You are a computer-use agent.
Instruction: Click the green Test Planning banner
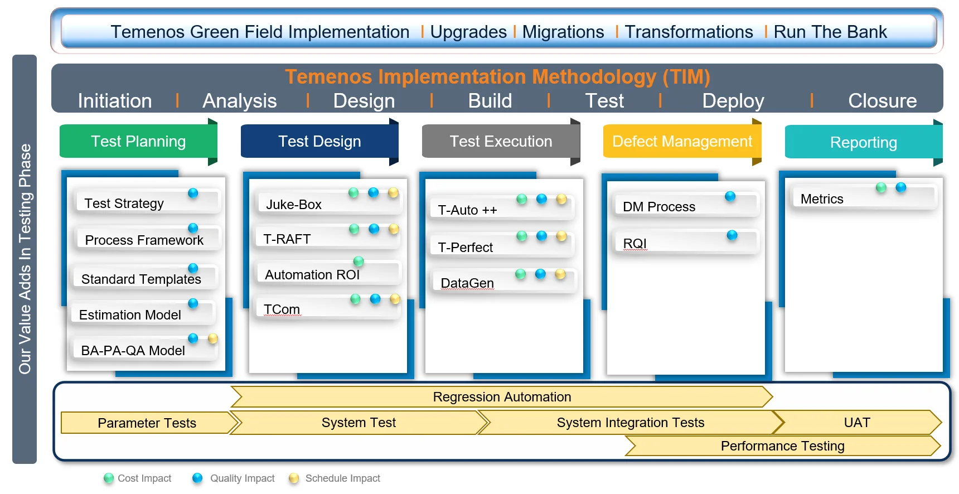(x=138, y=142)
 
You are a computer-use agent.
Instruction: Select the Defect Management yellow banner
(x=681, y=142)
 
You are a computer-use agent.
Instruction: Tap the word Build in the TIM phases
(x=490, y=101)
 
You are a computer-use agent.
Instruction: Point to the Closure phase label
(x=882, y=101)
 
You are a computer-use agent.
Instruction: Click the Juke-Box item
(x=294, y=205)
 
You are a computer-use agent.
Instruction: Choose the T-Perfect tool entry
(x=465, y=247)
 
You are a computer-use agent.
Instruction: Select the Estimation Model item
(x=130, y=315)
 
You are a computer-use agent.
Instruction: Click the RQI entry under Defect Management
(x=635, y=244)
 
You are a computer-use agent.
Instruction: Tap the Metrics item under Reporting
(x=821, y=199)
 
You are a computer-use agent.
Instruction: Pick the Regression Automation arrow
(x=501, y=397)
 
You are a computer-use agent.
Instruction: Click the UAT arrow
(x=856, y=423)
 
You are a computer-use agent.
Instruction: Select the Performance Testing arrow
(x=782, y=446)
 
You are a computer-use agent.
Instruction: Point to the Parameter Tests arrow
(x=147, y=423)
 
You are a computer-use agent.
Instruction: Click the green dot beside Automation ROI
(x=359, y=261)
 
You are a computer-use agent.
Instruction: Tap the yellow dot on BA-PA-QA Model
(x=212, y=338)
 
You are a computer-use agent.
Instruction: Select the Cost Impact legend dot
(x=109, y=478)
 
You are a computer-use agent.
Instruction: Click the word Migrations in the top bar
(x=563, y=32)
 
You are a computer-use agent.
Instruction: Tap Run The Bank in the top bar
(x=830, y=32)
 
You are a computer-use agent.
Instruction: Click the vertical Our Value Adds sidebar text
(x=25, y=259)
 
